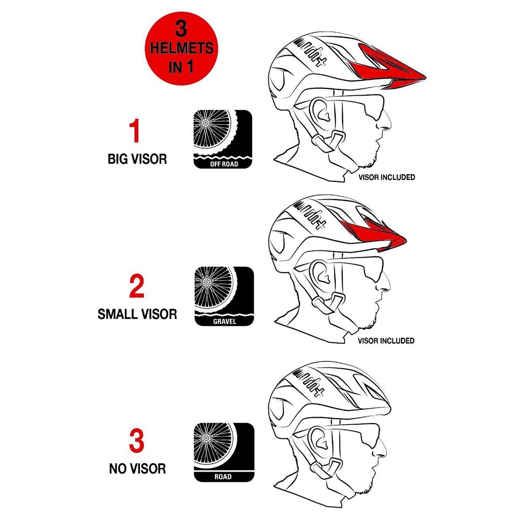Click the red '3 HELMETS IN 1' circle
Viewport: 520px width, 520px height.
(x=181, y=48)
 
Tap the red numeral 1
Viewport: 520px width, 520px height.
(x=134, y=131)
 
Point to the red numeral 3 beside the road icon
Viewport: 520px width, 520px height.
(x=137, y=441)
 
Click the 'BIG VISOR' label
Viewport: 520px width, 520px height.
(x=137, y=159)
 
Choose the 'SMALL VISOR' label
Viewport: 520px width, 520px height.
(x=137, y=314)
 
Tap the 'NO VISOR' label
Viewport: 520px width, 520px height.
(x=137, y=469)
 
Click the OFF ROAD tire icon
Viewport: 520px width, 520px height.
(x=223, y=139)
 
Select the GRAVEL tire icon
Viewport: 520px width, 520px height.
(x=224, y=296)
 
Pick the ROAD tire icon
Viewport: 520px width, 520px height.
(x=224, y=452)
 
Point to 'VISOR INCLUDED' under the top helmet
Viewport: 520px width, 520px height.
(x=387, y=177)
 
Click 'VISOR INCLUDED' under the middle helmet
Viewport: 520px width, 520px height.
(x=386, y=341)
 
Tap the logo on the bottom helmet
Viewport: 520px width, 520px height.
(x=308, y=381)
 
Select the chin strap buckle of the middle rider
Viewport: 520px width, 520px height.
(x=335, y=301)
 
